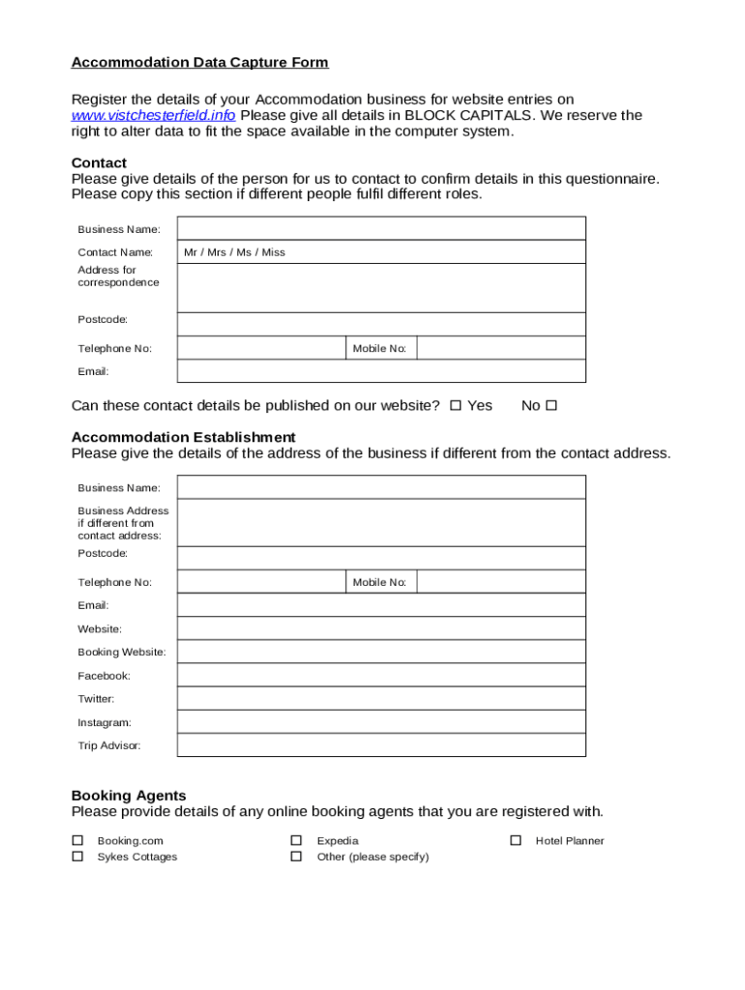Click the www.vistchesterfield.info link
153,116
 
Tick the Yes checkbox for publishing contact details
456,406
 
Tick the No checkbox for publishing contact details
551,406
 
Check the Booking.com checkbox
77,841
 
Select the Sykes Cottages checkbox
77,857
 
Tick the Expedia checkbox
297,841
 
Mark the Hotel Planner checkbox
516,841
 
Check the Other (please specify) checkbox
297,857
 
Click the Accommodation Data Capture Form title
199,63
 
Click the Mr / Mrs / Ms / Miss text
234,252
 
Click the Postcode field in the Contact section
381,324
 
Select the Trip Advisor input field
381,745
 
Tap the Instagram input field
381,722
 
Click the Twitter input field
381,698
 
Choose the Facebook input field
381,675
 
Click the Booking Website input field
381,652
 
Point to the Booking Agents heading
129,796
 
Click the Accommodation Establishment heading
183,437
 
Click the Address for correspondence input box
381,288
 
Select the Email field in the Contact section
381,371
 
